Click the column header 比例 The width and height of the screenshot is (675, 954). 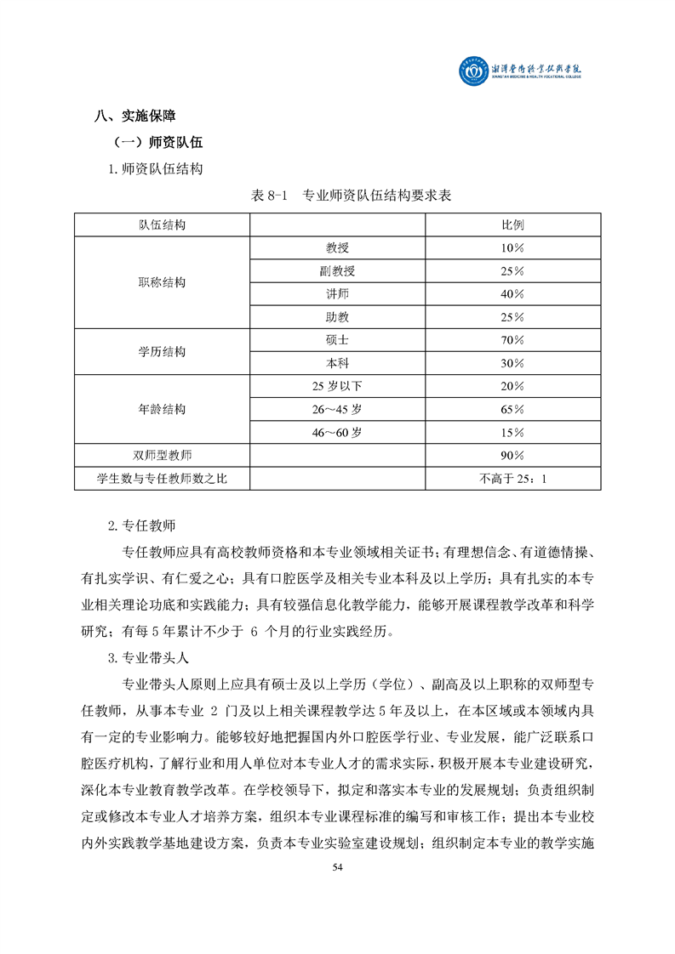pos(512,225)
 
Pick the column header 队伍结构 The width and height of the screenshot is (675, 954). pos(162,225)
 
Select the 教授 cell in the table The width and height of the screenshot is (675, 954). pos(338,248)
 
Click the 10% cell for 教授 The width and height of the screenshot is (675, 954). pos(512,248)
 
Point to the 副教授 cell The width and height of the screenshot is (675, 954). pos(338,271)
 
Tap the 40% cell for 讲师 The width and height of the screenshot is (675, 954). pos(512,294)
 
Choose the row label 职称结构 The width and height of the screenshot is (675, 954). pos(162,282)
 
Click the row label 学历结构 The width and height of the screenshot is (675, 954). pos(162,351)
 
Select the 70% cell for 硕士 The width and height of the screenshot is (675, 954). pos(512,339)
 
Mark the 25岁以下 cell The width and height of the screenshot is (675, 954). pos(338,386)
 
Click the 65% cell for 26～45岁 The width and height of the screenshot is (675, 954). pos(512,409)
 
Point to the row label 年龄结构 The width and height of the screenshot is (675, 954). pos(162,409)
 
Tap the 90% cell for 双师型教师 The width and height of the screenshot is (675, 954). pos(512,455)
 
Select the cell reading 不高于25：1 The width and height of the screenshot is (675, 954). pos(512,479)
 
